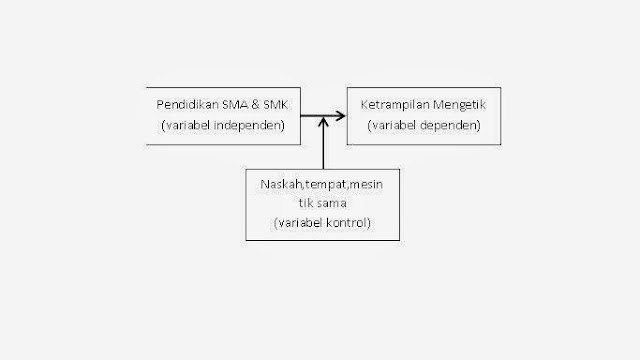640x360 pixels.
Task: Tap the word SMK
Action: click(x=271, y=106)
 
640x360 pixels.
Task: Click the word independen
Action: click(x=246, y=125)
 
